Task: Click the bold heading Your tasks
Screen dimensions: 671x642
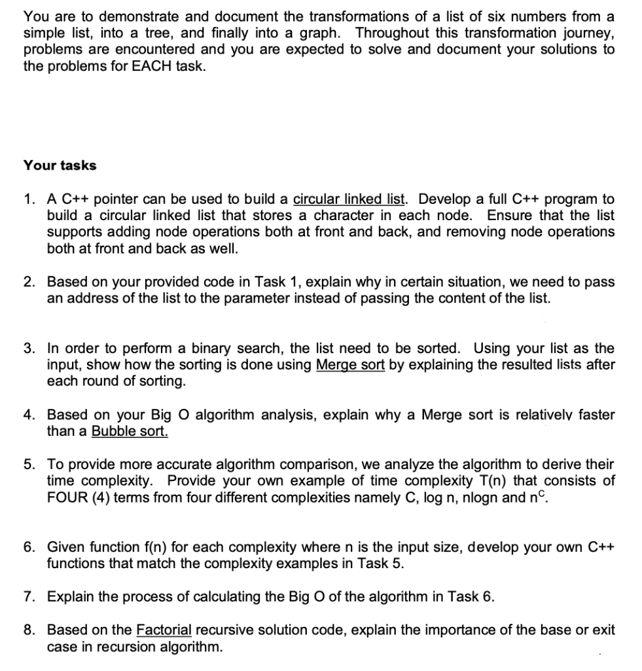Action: coord(60,165)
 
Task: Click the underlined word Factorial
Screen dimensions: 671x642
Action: coord(164,630)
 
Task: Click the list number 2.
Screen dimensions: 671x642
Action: coord(29,282)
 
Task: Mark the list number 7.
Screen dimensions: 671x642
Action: coord(29,597)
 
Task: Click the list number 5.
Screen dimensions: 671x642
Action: coord(29,465)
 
